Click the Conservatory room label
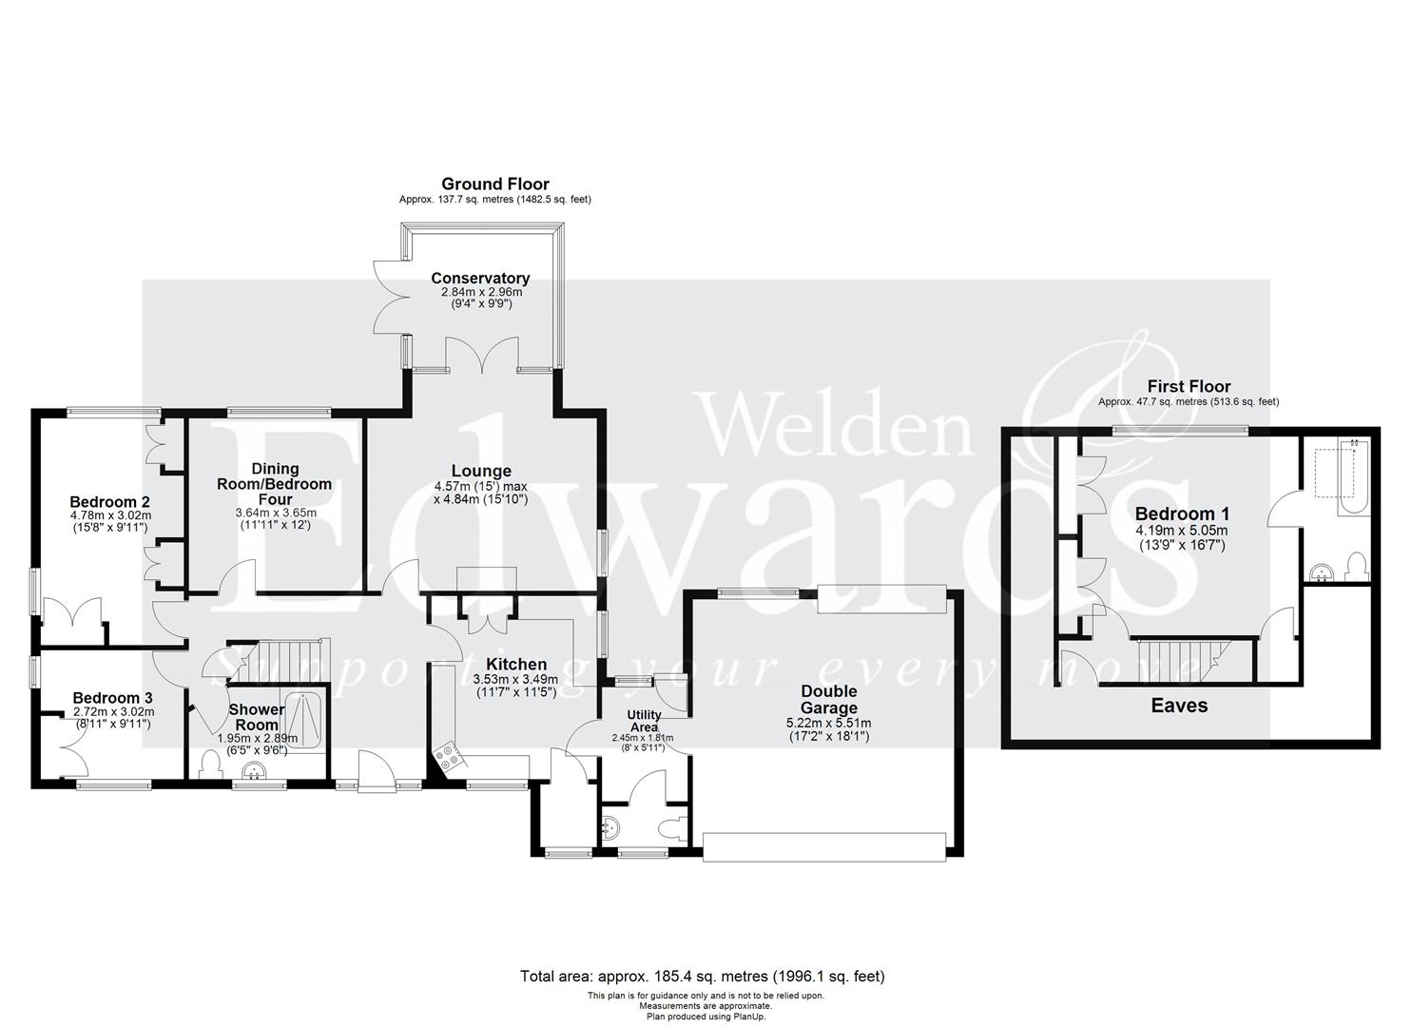tap(480, 279)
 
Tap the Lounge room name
tap(480, 471)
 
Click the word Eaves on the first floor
tap(1179, 706)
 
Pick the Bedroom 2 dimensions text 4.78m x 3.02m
tap(110, 516)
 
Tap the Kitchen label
tap(515, 665)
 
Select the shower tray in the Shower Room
tap(306, 721)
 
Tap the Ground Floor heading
tap(494, 184)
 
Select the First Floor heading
tap(1189, 386)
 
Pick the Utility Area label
tap(644, 721)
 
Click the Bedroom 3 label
tap(112, 698)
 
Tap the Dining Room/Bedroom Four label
tap(275, 483)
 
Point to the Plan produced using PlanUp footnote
tap(706, 1016)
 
